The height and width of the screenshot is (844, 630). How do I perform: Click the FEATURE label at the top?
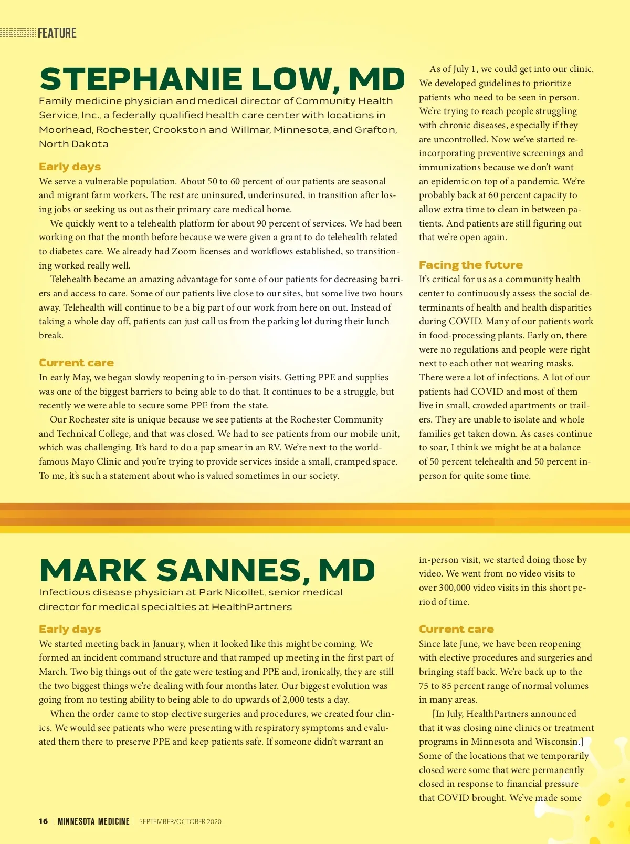[57, 33]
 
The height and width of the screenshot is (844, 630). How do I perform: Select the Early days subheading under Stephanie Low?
[70, 167]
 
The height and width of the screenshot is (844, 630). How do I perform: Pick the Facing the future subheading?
[470, 265]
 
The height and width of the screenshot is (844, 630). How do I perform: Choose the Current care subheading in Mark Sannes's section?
[456, 629]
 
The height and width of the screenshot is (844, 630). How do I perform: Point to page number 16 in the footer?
[43, 821]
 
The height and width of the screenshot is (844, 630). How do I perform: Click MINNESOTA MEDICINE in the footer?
[93, 821]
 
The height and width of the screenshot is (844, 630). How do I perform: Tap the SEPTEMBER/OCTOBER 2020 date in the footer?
[180, 821]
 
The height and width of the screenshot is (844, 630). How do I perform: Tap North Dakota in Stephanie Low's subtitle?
[73, 143]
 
